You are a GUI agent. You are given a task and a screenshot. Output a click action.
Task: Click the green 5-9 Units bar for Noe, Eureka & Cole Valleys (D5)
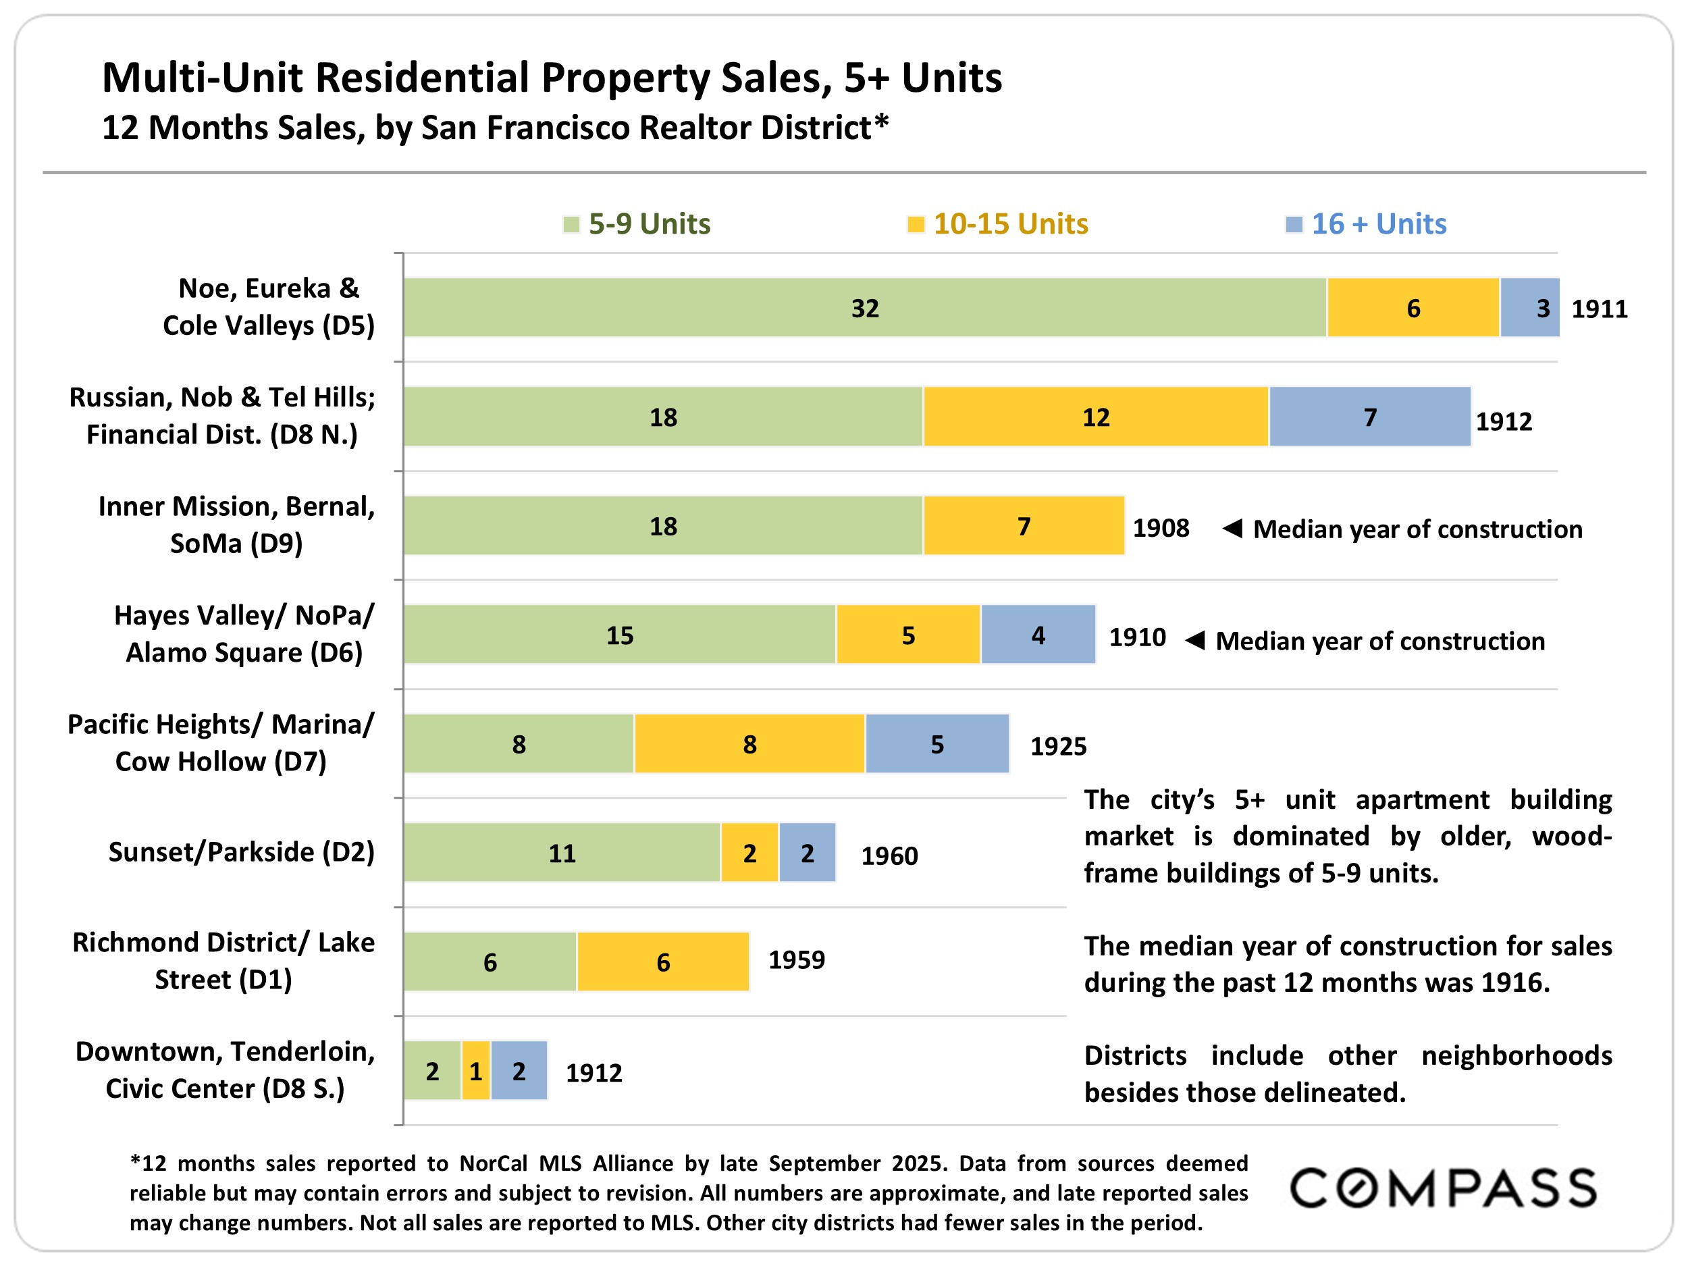(865, 307)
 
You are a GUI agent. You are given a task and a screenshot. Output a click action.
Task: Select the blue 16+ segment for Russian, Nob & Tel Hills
(1370, 417)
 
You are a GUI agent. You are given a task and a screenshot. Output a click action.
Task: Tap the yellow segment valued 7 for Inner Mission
(1024, 526)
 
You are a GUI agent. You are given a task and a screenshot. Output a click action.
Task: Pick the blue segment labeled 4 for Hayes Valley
(1038, 635)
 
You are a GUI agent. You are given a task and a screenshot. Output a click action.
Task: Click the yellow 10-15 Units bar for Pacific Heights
(749, 744)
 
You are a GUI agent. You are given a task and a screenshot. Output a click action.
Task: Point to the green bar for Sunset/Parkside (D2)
(562, 852)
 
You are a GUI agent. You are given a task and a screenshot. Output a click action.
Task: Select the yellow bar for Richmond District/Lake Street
(662, 961)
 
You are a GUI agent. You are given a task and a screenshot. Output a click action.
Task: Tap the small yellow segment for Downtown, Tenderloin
(475, 1071)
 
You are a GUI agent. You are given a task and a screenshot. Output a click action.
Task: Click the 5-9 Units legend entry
(637, 223)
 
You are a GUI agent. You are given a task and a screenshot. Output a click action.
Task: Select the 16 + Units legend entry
(1366, 223)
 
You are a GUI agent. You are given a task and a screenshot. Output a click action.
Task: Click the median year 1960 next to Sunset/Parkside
(889, 856)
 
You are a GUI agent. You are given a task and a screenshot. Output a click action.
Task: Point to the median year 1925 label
(1059, 746)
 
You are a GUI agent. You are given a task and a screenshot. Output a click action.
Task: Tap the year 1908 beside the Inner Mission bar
(1161, 528)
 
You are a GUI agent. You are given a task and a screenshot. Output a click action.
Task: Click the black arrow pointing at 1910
(1195, 639)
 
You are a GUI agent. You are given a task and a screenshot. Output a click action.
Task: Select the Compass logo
(1443, 1188)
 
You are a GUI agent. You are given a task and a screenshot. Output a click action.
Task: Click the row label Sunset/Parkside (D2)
(241, 851)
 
